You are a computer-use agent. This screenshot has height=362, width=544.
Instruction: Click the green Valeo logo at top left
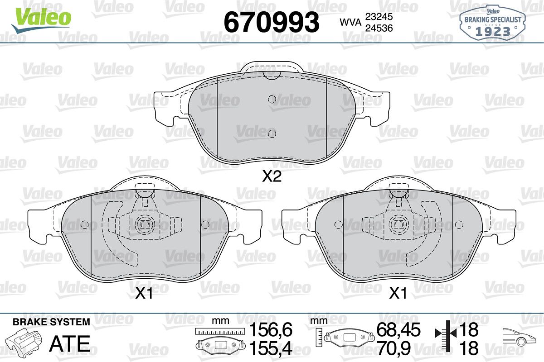point(41,20)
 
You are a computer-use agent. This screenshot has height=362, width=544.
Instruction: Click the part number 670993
point(271,22)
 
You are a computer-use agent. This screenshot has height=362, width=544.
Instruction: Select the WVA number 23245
point(379,17)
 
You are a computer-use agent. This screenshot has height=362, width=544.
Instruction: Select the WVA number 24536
point(379,28)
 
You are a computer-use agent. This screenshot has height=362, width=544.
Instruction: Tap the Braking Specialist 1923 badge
point(493,24)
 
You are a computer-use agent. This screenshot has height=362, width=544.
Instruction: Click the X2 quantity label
point(272,176)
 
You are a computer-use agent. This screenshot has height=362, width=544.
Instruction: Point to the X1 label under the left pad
point(144,294)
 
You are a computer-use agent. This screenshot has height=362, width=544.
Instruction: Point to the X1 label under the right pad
point(398,294)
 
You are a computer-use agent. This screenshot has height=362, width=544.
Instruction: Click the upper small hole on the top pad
point(272,99)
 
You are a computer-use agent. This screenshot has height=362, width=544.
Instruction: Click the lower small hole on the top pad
point(272,133)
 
